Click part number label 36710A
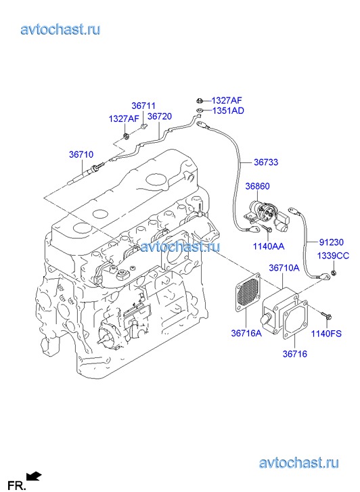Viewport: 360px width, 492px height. coord(284,267)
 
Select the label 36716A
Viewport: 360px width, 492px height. coord(246,333)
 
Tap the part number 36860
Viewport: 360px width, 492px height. coord(257,186)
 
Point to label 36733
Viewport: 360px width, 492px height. coord(266,162)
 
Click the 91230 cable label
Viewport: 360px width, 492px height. coord(332,242)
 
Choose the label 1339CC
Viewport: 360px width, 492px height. coord(333,256)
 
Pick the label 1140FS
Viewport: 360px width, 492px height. coord(326,334)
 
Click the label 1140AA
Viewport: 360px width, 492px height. coord(269,246)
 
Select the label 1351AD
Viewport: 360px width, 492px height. coord(228,111)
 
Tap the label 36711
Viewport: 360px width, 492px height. coord(143,106)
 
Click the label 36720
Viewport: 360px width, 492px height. coord(160,116)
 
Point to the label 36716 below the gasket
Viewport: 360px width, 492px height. coord(295,354)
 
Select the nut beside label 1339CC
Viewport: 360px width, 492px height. coord(334,272)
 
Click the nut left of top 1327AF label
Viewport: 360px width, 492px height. coord(199,101)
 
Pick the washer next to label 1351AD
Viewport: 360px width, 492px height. coord(199,110)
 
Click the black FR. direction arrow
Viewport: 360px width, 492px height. coord(35,476)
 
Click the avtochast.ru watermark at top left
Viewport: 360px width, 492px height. coord(61,30)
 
